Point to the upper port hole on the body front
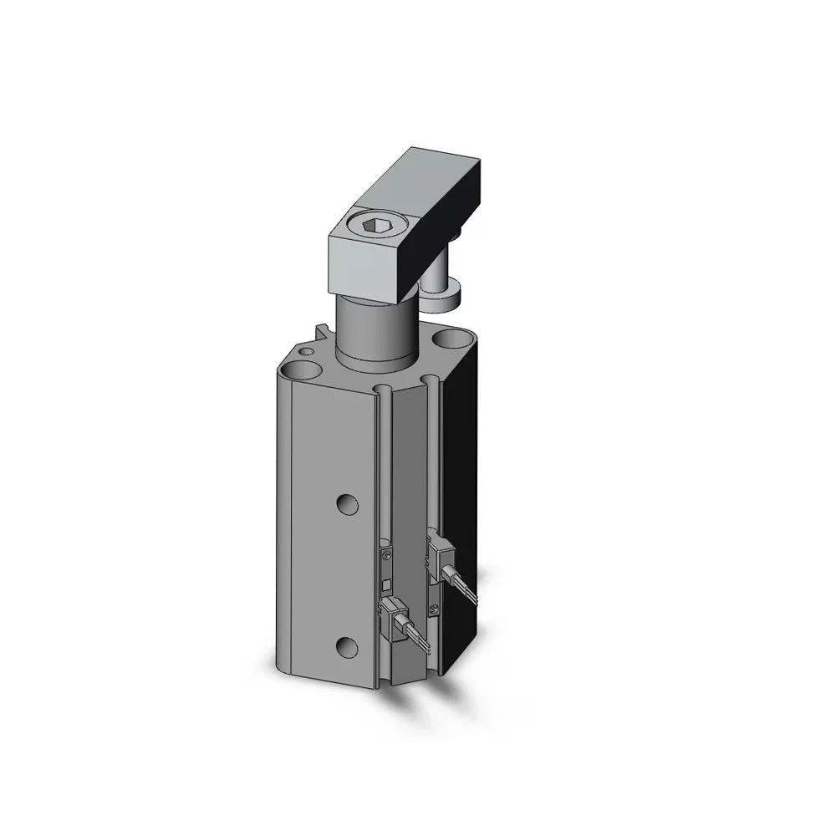(347, 502)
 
